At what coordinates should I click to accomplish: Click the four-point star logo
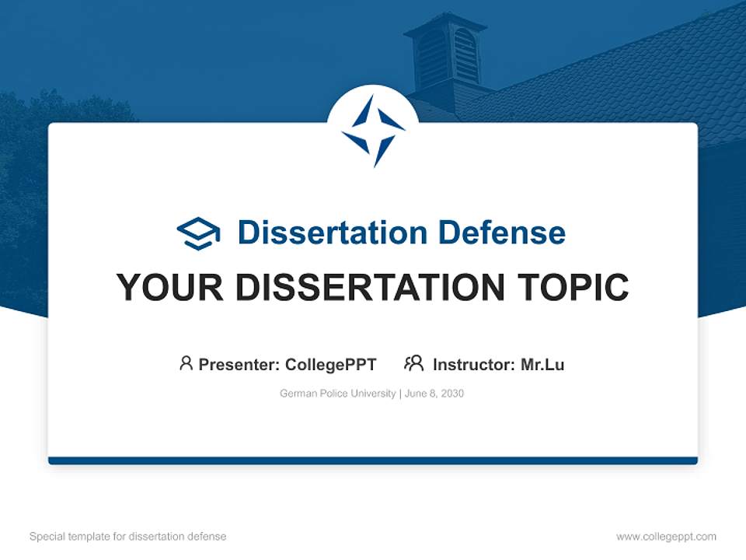pyautogui.click(x=373, y=130)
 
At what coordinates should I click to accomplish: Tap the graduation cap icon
pyautogui.click(x=198, y=233)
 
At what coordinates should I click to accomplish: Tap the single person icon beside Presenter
pyautogui.click(x=186, y=363)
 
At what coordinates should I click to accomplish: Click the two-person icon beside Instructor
pyautogui.click(x=413, y=363)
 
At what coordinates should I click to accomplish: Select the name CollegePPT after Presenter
pyautogui.click(x=330, y=365)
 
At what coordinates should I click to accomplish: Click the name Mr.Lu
pyautogui.click(x=542, y=365)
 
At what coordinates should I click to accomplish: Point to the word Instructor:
pyautogui.click(x=473, y=365)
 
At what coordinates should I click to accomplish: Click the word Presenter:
pyautogui.click(x=239, y=365)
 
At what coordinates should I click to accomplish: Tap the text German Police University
pyautogui.click(x=337, y=394)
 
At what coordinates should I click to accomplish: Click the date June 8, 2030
pyautogui.click(x=434, y=394)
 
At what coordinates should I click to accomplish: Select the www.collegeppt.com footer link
pyautogui.click(x=666, y=537)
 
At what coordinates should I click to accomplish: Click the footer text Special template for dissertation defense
pyautogui.click(x=127, y=537)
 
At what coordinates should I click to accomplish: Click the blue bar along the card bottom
pyautogui.click(x=373, y=460)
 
